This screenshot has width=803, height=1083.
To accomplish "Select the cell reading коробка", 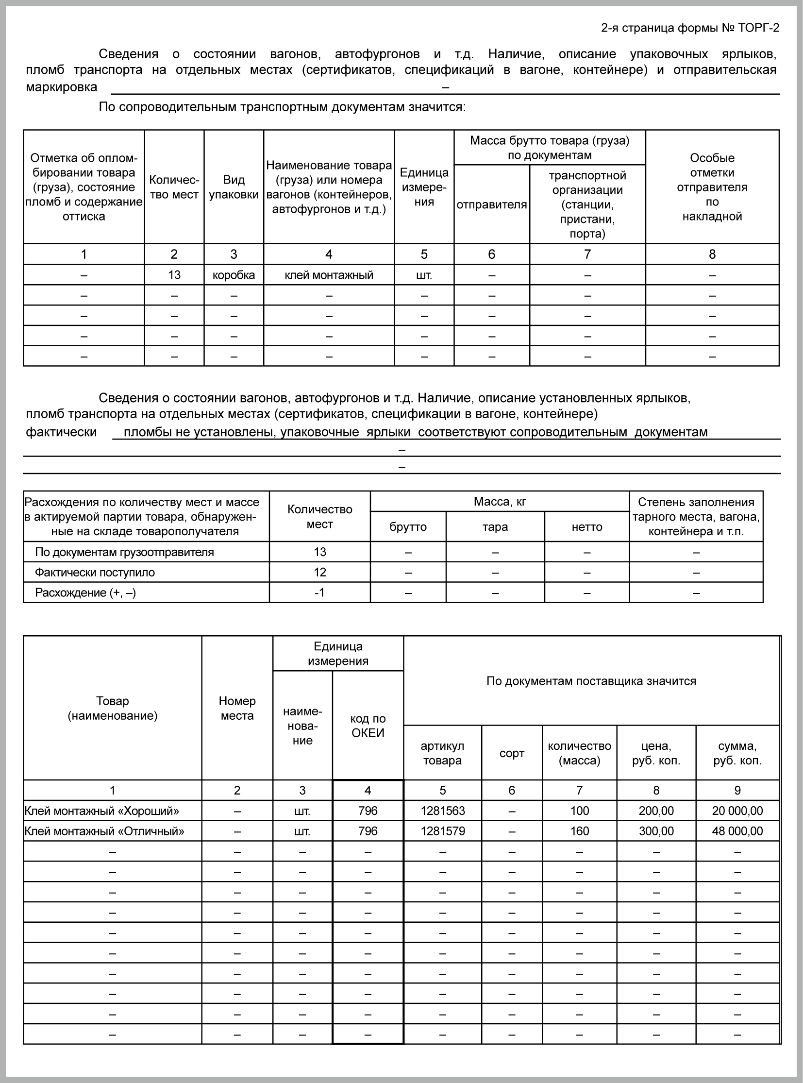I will pyautogui.click(x=234, y=275).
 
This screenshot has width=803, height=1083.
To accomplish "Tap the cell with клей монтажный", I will pyautogui.click(x=329, y=275).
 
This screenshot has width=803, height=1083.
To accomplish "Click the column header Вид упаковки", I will pyautogui.click(x=234, y=187).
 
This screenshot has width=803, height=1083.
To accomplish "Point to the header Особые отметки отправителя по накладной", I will pyautogui.click(x=712, y=187).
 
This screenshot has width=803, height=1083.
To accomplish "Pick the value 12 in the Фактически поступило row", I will pyautogui.click(x=319, y=573).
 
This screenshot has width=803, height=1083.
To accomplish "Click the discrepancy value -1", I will pyautogui.click(x=319, y=593).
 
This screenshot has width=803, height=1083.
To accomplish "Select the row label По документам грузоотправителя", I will pyautogui.click(x=124, y=553).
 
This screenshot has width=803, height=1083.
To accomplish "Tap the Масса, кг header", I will pyautogui.click(x=500, y=502).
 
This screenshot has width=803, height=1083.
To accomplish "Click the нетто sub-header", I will pyautogui.click(x=586, y=527).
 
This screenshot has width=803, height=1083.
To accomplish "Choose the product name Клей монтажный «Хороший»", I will pyautogui.click(x=101, y=811).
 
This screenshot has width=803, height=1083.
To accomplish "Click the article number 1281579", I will pyautogui.click(x=442, y=831).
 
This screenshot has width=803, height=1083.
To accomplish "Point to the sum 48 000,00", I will pyautogui.click(x=737, y=831).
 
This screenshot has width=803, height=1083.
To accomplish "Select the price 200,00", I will pyautogui.click(x=656, y=811).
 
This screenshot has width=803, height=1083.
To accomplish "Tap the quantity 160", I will pyautogui.click(x=579, y=831).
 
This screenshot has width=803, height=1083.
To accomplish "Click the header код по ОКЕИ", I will pyautogui.click(x=368, y=726).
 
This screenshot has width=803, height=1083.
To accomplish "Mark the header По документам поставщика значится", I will pyautogui.click(x=591, y=681).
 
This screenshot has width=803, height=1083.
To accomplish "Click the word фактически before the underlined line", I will pyautogui.click(x=61, y=432).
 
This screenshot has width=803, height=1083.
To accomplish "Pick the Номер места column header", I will pyautogui.click(x=237, y=708).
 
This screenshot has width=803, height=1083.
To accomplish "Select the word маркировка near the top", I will pyautogui.click(x=61, y=87).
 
